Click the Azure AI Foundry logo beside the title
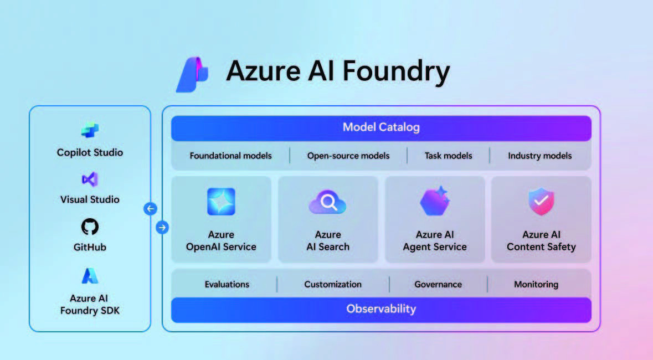[192, 74]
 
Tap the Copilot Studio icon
[90, 130]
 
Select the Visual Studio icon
[90, 179]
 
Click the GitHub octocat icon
[90, 227]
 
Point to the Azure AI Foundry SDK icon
[90, 275]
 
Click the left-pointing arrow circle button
[150, 208]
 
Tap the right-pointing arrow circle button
[162, 227]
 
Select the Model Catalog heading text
[381, 127]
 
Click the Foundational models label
[231, 156]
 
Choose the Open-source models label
[348, 156]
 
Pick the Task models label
[449, 156]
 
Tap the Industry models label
[539, 156]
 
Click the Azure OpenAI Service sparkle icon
[221, 202]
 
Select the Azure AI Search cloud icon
[328, 203]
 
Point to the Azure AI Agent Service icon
[435, 201]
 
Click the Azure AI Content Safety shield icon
[541, 201]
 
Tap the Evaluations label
[227, 284]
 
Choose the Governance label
[438, 284]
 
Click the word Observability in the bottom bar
[381, 308]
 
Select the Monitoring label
[536, 284]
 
